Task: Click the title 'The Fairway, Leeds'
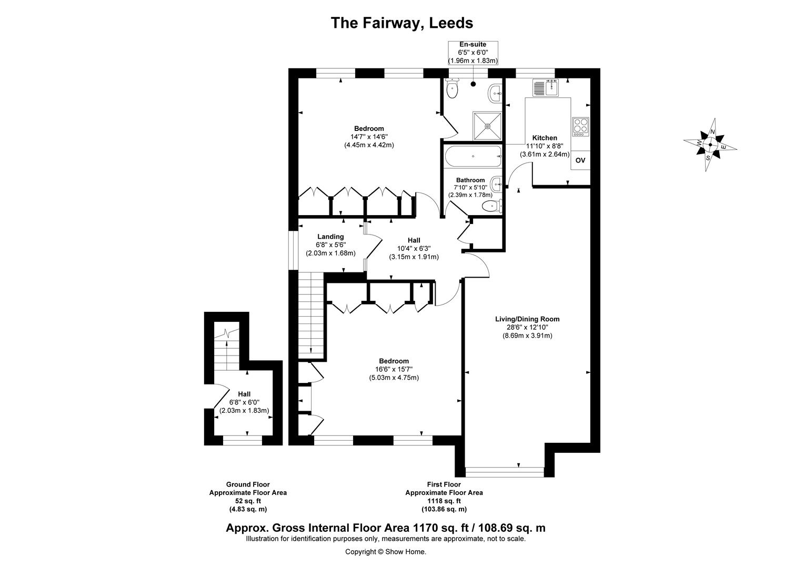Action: [x=401, y=23]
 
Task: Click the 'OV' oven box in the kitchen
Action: [x=580, y=160]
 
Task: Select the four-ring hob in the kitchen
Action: [x=581, y=126]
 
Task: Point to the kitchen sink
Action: [x=545, y=88]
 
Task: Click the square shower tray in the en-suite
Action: [x=487, y=126]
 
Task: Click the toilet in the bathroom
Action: [x=490, y=205]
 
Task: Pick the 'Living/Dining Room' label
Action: [x=527, y=319]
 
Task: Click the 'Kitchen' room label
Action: [x=545, y=138]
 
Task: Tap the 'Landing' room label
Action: [x=330, y=237]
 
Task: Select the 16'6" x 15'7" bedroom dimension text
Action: [x=394, y=369]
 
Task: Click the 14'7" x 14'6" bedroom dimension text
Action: [x=368, y=137]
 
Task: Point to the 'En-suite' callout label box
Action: [x=473, y=53]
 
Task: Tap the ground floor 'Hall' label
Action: [x=244, y=394]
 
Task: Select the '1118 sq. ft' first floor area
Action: [x=444, y=501]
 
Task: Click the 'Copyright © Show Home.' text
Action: [x=385, y=552]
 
